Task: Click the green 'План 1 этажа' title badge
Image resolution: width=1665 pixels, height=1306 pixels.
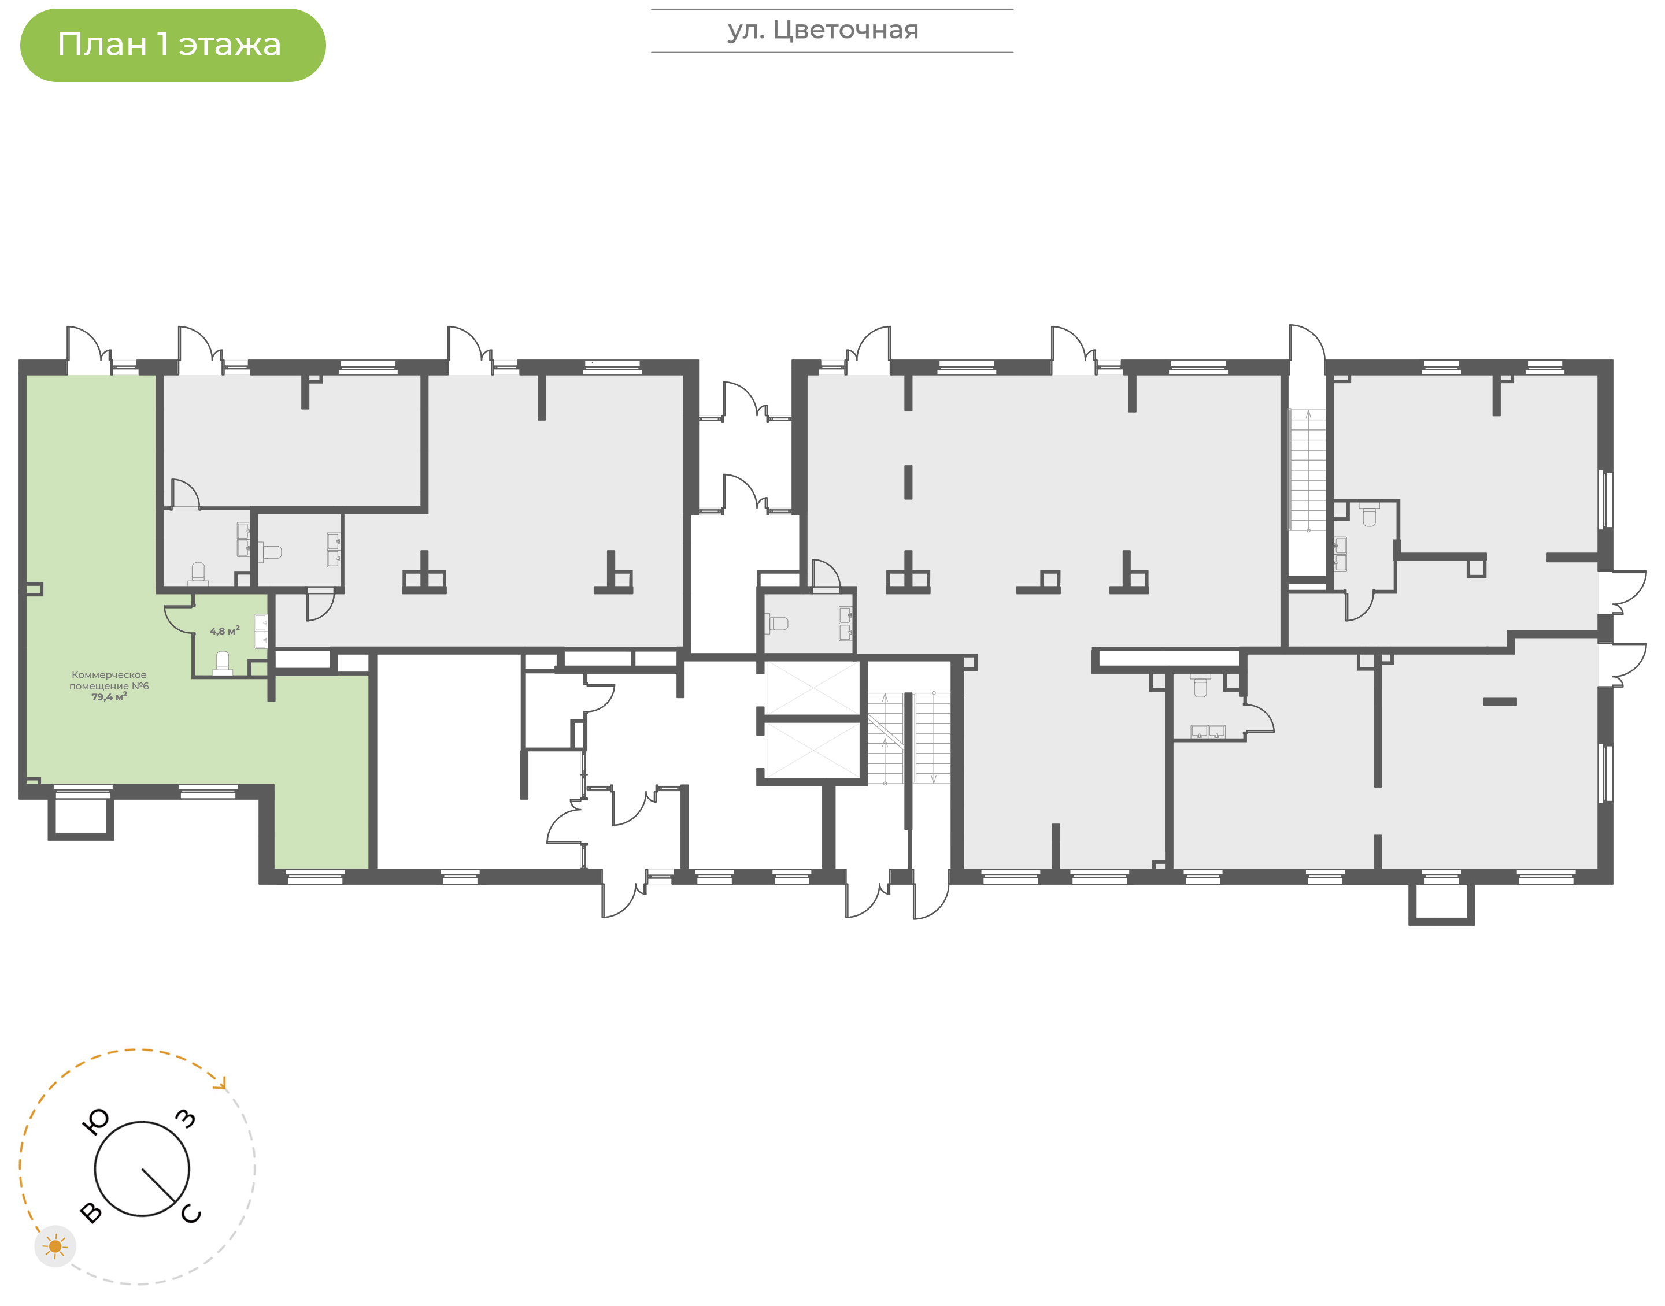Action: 173,45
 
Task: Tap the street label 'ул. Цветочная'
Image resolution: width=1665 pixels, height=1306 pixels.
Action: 823,30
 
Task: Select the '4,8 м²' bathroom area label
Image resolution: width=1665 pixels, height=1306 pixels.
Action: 225,631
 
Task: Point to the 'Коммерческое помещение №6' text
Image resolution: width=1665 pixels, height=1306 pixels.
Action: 109,681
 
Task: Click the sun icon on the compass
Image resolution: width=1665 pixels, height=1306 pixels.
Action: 55,1246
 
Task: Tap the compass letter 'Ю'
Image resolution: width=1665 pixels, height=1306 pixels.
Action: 95,1122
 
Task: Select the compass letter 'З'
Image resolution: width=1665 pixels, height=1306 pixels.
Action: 186,1119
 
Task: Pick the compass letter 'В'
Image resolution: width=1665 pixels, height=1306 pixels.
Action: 91,1212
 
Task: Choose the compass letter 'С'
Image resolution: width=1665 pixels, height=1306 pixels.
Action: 191,1214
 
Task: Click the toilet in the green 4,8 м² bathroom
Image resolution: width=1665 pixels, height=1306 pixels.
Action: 223,662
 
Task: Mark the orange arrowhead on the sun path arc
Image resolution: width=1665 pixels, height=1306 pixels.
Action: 222,1084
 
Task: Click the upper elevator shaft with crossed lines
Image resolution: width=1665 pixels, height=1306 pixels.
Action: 814,688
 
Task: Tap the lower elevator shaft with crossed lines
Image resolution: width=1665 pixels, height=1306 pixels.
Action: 814,750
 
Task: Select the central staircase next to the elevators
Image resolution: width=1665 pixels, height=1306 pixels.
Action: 909,738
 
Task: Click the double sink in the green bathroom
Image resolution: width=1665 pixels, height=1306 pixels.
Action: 261,631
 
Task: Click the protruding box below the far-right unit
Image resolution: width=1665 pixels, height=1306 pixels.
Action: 1442,904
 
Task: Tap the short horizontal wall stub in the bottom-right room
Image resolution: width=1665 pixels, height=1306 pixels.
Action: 1500,701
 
